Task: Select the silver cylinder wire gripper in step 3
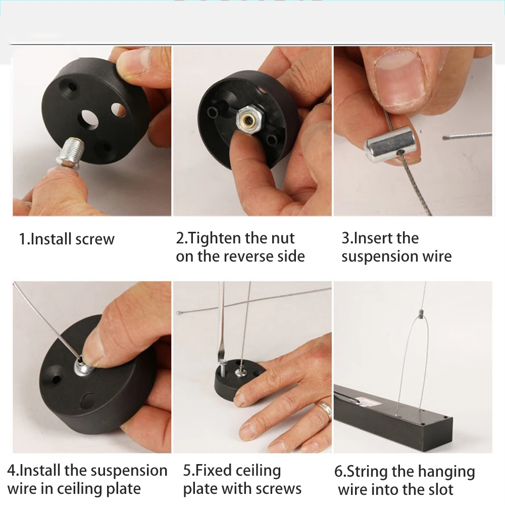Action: [x=390, y=144]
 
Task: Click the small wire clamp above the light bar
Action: [x=421, y=314]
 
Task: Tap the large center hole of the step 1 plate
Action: [x=88, y=119]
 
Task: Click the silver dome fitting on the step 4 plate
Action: [x=83, y=367]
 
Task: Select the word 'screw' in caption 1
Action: [x=95, y=239]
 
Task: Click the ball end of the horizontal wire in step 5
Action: [x=178, y=313]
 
